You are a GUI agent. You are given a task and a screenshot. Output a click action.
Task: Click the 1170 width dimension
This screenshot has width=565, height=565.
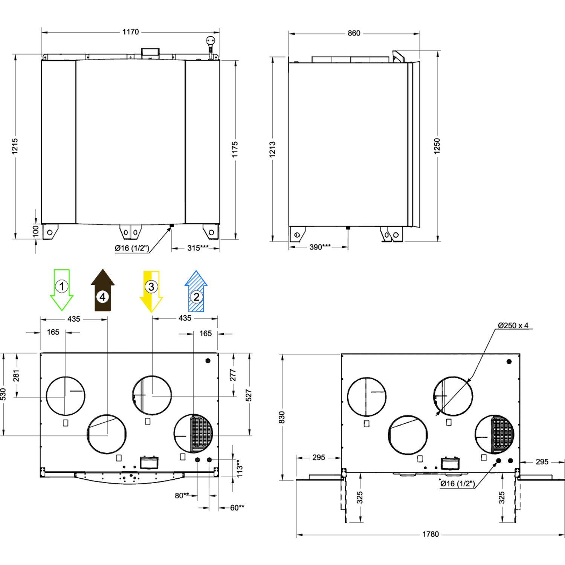[x=130, y=32]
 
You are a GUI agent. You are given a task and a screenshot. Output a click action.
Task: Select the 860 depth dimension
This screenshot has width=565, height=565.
[x=354, y=33]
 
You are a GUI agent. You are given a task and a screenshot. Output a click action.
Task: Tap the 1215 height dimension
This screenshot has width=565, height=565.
[x=15, y=146]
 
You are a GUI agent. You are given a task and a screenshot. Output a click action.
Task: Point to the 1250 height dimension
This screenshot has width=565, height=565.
[x=437, y=146]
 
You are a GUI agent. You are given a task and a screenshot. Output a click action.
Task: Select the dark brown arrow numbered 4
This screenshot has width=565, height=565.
[x=102, y=290]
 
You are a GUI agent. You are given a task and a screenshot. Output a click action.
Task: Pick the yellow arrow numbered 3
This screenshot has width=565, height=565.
[x=151, y=291]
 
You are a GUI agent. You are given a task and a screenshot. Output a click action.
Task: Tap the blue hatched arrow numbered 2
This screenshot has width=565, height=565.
[x=196, y=291]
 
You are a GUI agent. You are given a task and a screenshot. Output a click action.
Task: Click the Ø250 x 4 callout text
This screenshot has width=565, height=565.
[x=513, y=325]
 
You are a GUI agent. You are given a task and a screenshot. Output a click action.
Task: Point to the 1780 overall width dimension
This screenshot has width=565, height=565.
[x=431, y=534]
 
